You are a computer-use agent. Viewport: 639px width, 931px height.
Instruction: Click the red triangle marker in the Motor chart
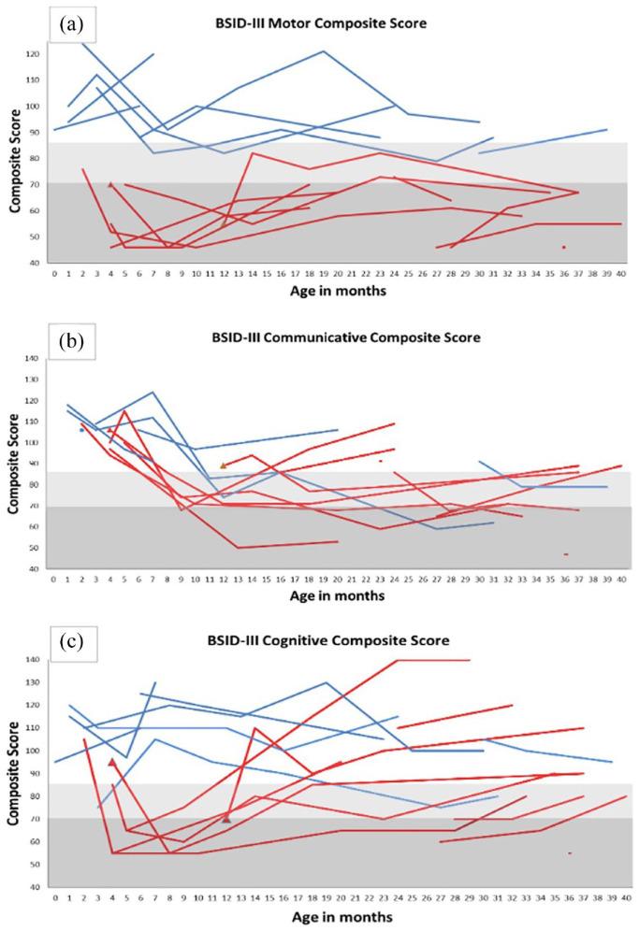coord(111,185)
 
